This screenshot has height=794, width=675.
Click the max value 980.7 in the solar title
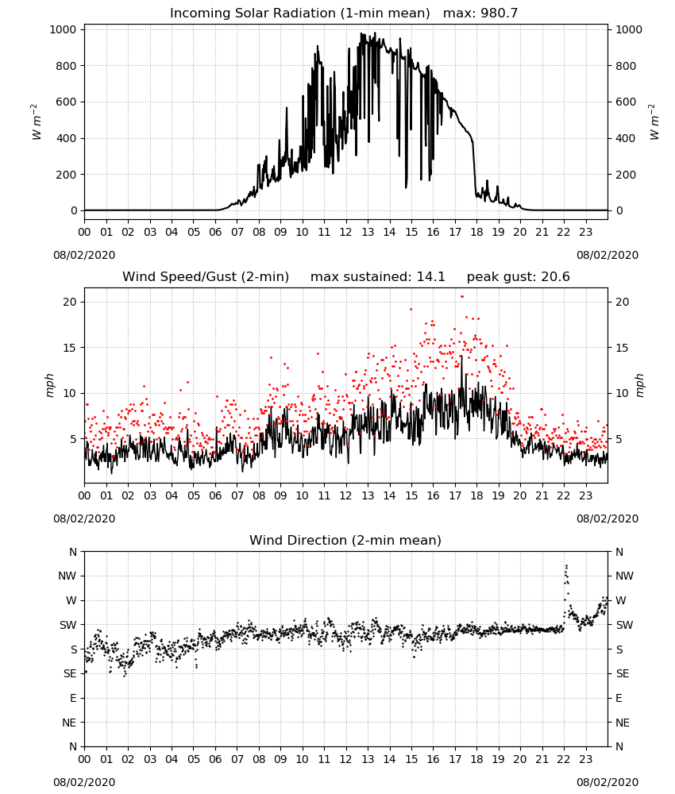click(499, 13)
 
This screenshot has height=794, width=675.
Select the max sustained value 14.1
click(431, 277)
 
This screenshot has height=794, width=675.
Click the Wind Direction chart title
click(345, 540)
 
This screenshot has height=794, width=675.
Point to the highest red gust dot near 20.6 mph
click(462, 297)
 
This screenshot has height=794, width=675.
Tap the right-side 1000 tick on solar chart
click(628, 30)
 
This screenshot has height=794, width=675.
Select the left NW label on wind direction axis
click(67, 576)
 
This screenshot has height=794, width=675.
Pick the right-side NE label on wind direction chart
click(623, 723)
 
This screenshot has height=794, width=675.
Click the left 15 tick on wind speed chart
click(70, 348)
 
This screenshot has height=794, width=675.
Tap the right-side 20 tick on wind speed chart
click(623, 303)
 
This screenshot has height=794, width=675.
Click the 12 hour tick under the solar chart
click(345, 233)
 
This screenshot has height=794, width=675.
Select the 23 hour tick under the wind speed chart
click(585, 495)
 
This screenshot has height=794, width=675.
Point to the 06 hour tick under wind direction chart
click(215, 759)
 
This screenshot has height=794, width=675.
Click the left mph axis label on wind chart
click(49, 385)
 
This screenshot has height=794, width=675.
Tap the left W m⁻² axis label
click(36, 122)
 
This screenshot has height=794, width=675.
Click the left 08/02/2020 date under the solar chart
click(84, 255)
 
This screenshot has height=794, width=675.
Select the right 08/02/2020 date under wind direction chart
click(607, 782)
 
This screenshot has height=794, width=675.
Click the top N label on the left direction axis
click(73, 552)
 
